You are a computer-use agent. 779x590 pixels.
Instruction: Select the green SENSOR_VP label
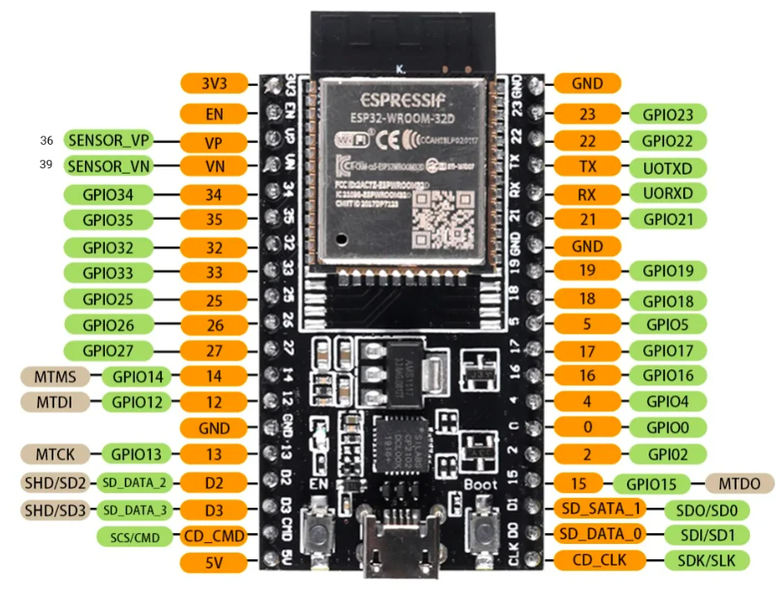point(109,140)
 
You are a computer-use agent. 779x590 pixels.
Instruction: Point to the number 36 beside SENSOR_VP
point(47,140)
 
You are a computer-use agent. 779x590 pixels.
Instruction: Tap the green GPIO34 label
point(107,194)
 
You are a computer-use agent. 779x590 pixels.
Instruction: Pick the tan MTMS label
point(54,376)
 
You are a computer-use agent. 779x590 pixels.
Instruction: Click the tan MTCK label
point(54,453)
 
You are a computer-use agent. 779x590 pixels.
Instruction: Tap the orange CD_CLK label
point(602,560)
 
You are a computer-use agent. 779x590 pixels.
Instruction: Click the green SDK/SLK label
point(707,561)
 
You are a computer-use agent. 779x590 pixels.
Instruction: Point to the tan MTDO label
point(739,483)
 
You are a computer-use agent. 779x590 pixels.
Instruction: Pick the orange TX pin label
point(586,167)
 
